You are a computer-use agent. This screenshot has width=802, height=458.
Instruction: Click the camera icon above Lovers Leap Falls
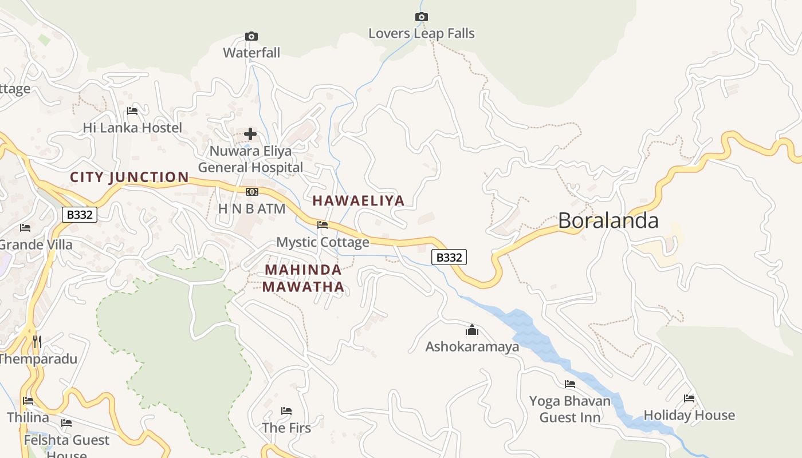pos(422,17)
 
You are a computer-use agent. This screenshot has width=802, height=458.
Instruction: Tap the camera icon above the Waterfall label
pos(251,37)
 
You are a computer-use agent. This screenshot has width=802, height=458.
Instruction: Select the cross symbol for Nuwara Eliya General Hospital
pos(250,135)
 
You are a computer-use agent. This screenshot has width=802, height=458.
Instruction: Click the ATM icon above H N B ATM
pos(251,191)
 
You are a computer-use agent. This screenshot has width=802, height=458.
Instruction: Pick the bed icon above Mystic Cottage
pos(323,225)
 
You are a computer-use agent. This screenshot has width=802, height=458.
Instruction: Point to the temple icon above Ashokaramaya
pos(472,330)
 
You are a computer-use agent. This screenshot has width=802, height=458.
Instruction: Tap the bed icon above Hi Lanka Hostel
pos(132,111)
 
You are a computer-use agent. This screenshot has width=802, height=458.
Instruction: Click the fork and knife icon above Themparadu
pos(37,342)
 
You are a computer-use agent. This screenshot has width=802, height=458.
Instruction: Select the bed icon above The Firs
pos(286,411)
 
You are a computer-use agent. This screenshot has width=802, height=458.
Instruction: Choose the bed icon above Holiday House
pos(689,398)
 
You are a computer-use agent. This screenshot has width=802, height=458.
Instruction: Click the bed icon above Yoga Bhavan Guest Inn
pos(570,384)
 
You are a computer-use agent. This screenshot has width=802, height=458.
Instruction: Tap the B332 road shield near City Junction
pos(80,215)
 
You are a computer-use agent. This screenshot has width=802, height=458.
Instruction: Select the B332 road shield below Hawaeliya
pos(449,258)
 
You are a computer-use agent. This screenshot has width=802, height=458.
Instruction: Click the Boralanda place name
pos(608,221)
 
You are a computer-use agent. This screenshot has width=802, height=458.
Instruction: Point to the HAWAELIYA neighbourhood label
pos(359,200)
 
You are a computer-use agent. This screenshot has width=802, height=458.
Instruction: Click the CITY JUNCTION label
pos(129,177)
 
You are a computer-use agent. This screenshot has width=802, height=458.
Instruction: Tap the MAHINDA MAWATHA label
pos(304,278)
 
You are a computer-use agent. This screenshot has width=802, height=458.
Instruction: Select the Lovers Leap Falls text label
pos(422,34)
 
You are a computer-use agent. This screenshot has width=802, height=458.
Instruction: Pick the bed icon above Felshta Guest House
pos(66,424)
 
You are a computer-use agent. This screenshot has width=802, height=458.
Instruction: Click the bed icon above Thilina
pos(28,401)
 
